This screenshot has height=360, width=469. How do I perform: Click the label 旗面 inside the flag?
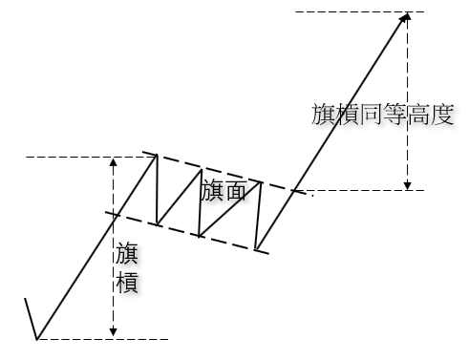coord(224,190)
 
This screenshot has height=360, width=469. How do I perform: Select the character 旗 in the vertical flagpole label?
coord(127,254)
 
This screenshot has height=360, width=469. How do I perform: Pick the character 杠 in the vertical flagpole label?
coord(127,284)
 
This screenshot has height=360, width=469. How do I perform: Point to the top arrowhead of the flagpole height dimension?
coord(113,161)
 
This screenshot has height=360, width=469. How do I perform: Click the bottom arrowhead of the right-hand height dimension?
coord(408,185)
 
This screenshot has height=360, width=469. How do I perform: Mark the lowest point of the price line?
coord(37,338)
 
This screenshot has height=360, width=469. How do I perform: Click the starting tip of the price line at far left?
coord(25,299)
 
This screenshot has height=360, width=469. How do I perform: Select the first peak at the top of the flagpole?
coord(156,155)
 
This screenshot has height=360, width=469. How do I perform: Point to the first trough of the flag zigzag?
coord(159,225)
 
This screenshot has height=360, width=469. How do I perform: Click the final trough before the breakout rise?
coord(257,250)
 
